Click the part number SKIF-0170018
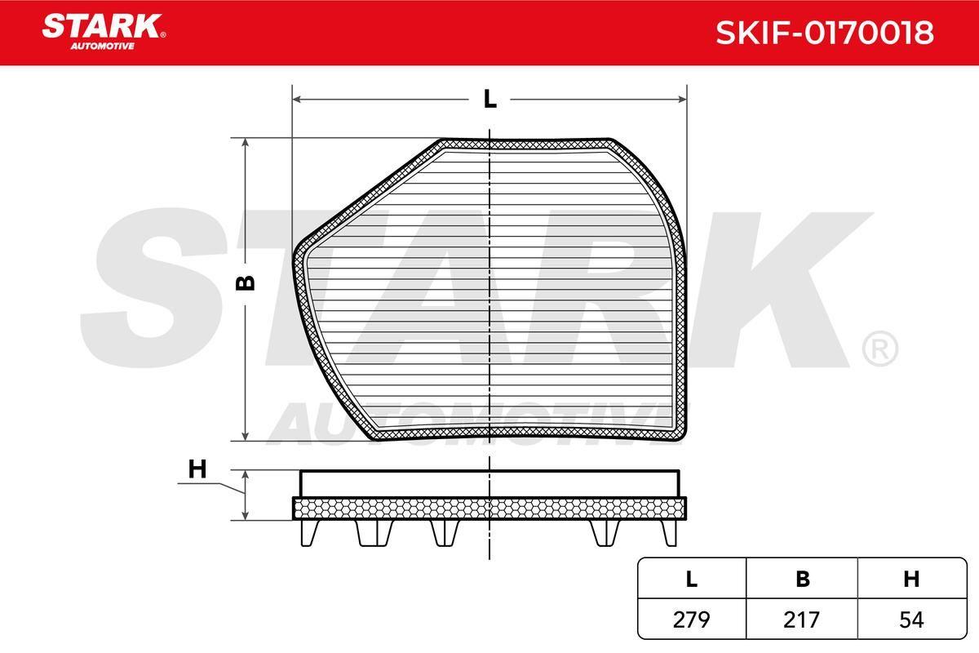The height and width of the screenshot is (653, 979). (x=824, y=33)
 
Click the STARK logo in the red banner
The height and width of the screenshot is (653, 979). (x=104, y=26)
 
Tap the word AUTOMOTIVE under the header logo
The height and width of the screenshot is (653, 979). (x=102, y=47)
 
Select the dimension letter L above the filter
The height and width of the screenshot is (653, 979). (x=490, y=100)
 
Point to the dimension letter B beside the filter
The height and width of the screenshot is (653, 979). (x=246, y=283)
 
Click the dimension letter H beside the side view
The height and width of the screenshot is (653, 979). (x=197, y=469)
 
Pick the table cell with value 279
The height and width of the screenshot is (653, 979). (x=692, y=620)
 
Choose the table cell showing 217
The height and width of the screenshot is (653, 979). (x=801, y=620)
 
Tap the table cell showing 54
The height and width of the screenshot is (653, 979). (x=912, y=620)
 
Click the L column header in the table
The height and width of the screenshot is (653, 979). (x=692, y=579)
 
